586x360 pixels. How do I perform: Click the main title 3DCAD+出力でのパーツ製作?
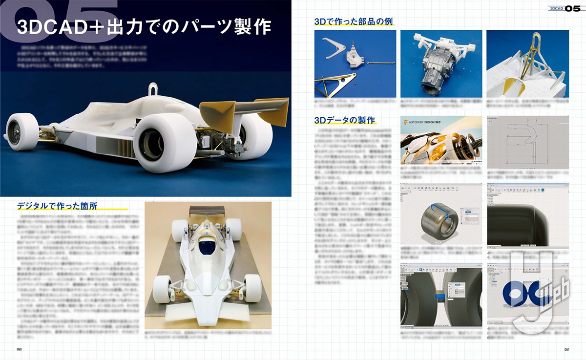click(x=144, y=27)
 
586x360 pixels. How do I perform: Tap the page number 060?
click(x=20, y=349)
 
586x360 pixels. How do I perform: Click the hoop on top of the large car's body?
click(x=153, y=90)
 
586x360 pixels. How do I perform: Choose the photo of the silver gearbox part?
click(x=441, y=64)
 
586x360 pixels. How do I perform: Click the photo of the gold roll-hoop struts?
click(x=527, y=64)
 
